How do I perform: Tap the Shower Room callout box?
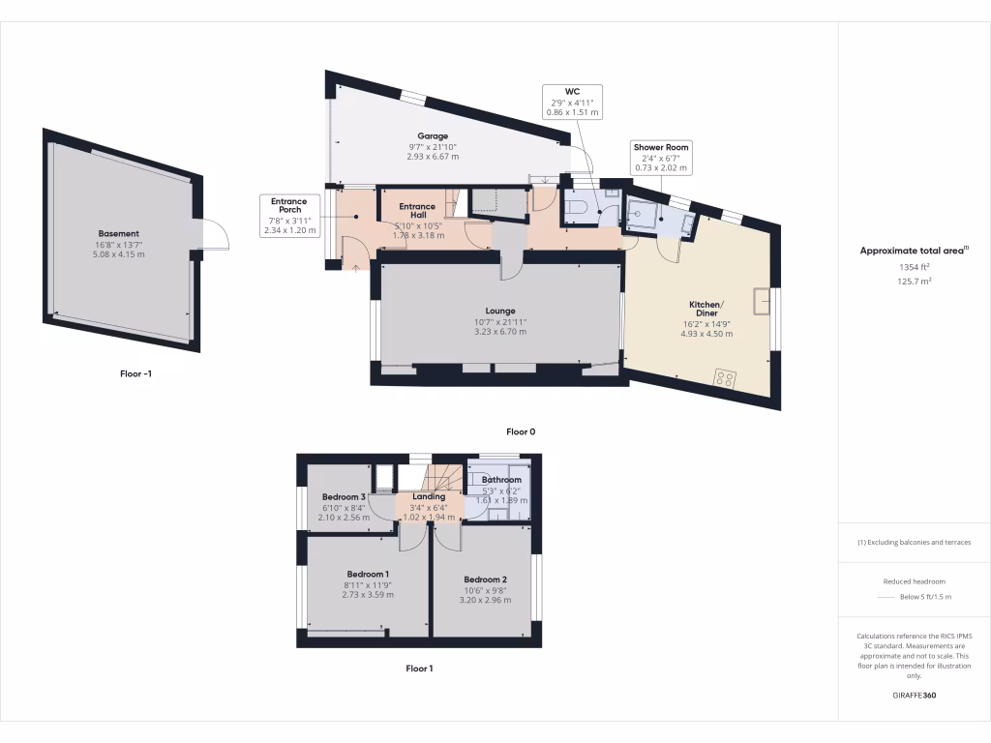(x=662, y=158)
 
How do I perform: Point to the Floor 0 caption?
(x=521, y=431)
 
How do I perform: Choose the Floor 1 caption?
(x=419, y=668)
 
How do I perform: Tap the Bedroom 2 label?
(x=485, y=580)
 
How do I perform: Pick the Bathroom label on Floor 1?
(x=502, y=480)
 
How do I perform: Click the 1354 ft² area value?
(x=914, y=266)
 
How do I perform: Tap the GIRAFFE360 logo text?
(x=914, y=695)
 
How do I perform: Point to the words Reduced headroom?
(x=914, y=581)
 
